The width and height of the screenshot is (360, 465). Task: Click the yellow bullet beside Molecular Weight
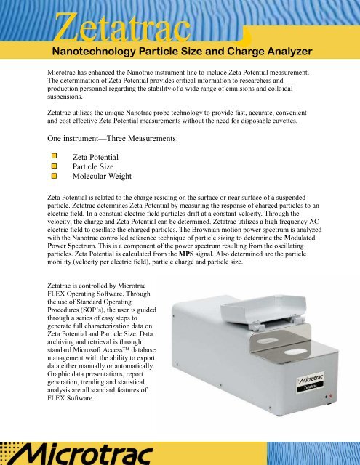[x=52, y=177]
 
